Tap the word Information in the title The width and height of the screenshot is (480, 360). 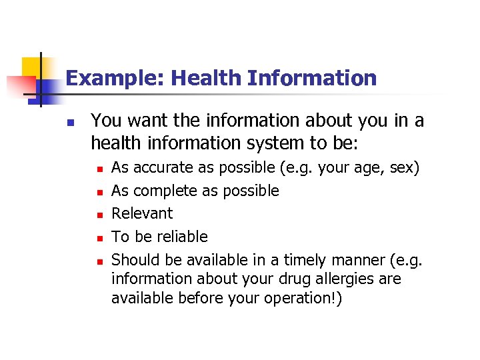point(311,79)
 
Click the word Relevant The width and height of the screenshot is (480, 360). point(141,214)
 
